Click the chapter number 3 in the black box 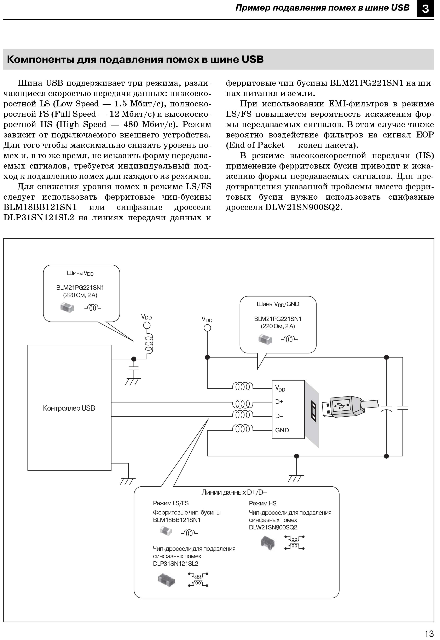425,9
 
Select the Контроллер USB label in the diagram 69,408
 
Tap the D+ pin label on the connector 279,402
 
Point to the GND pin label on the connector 282,430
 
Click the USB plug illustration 343,406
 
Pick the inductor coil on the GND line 243,429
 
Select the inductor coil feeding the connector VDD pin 243,387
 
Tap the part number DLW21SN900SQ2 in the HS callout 273,527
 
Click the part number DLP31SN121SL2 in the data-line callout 176,563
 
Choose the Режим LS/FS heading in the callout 171,503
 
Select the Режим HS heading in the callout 262,503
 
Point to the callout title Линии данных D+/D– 234,492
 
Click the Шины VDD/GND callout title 278,304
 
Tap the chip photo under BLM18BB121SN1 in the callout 166,531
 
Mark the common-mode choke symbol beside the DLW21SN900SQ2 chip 294,543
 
